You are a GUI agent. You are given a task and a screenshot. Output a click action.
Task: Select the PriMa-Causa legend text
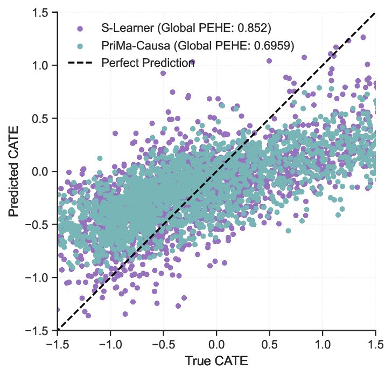coord(198,45)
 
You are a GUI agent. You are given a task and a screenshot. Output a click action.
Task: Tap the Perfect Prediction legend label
coord(148,63)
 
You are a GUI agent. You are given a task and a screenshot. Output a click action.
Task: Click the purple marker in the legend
coord(80,27)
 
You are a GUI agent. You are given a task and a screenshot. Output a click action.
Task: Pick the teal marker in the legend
coord(80,45)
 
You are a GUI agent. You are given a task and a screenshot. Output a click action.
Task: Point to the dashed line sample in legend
coord(80,63)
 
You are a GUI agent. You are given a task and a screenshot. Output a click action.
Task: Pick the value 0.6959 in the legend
coord(275,45)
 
